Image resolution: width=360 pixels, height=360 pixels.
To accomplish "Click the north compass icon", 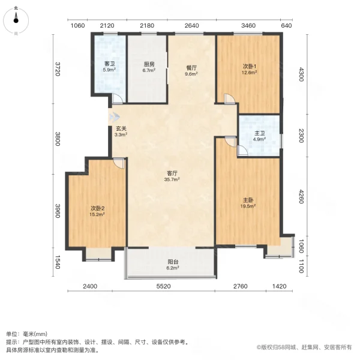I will (16, 20).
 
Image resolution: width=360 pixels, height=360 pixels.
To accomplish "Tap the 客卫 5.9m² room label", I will (109, 67).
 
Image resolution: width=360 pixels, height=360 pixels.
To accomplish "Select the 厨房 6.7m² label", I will (149, 67).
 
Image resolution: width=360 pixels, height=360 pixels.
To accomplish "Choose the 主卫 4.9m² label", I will (259, 136).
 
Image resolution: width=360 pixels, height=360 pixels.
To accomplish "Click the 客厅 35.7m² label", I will (173, 177).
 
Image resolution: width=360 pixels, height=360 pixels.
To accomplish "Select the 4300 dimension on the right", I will (302, 76).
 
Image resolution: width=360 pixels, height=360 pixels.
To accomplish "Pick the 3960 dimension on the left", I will (58, 212).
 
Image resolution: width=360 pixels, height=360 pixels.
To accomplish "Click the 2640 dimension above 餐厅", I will (191, 25).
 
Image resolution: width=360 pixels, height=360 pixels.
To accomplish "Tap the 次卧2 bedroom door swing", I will (119, 163).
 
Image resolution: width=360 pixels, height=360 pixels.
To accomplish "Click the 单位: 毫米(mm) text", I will (26, 334).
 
